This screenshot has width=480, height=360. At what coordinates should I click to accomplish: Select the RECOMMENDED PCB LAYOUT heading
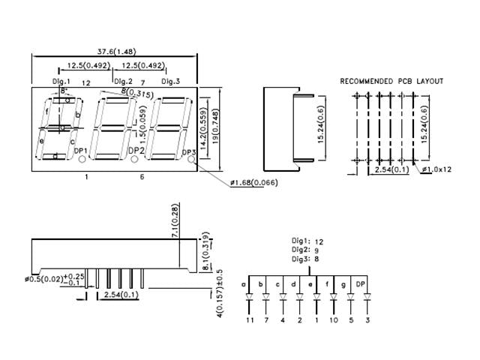(x=391, y=81)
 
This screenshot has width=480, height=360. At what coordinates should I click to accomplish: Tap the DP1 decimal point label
(x=82, y=151)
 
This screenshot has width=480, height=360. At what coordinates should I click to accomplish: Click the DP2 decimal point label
(x=136, y=151)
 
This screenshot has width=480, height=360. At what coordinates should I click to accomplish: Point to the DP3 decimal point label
(x=189, y=151)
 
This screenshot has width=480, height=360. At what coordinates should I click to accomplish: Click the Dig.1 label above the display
(x=61, y=81)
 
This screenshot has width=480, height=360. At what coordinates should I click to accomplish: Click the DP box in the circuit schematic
(x=360, y=283)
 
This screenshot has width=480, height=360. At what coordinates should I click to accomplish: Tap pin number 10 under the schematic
(x=333, y=319)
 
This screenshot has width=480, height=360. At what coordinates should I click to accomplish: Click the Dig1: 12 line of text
(x=308, y=241)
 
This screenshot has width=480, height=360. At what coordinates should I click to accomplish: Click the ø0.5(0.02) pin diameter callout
(x=44, y=280)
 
